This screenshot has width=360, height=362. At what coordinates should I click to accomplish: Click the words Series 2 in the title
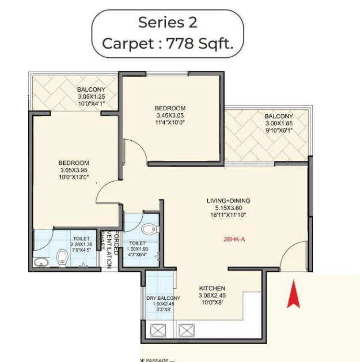(167, 22)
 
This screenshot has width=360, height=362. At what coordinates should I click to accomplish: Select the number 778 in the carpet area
(180, 44)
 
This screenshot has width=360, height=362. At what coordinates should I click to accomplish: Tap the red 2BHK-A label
(235, 238)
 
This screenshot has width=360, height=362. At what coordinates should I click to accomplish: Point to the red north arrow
(293, 295)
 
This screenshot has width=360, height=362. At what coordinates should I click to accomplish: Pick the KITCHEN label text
(212, 288)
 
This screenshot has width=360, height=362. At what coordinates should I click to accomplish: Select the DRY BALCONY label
(163, 298)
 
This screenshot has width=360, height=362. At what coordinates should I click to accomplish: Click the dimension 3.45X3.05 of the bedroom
(170, 116)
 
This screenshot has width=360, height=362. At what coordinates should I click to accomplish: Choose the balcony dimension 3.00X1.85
(279, 123)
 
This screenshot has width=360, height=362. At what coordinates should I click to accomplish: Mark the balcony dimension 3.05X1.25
(91, 96)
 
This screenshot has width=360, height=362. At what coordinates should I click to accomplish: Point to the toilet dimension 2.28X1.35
(81, 244)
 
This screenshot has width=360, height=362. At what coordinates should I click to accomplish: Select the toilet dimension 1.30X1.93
(137, 249)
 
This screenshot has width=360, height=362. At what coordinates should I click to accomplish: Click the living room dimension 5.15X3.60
(235, 208)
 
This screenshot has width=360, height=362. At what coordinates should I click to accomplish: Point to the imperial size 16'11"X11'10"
(235, 215)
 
